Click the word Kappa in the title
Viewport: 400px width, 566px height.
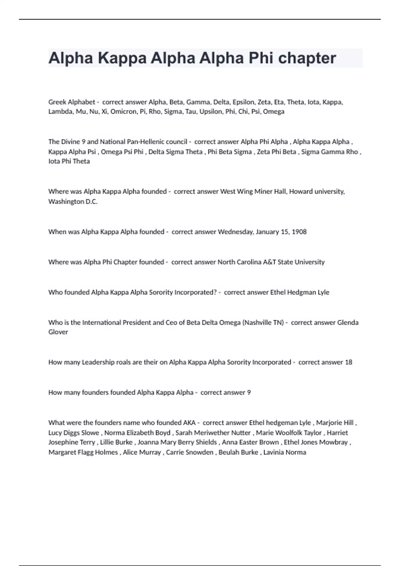(x=122, y=58)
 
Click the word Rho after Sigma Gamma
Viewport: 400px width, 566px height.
(x=352, y=152)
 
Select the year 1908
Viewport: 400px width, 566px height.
(x=299, y=232)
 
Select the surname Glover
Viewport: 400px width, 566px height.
(x=58, y=332)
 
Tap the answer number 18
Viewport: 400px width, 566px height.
(x=348, y=362)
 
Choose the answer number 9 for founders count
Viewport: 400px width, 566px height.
(x=249, y=393)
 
